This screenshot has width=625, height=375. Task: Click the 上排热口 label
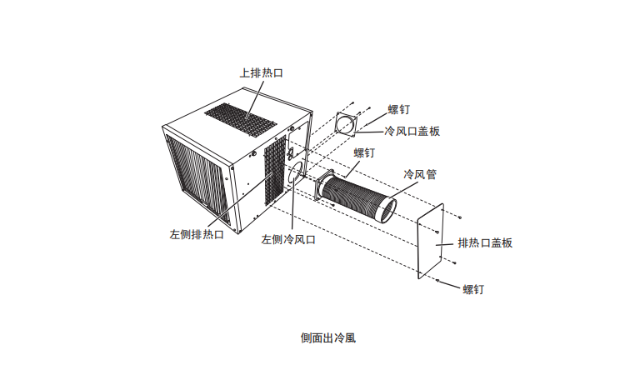point(262,73)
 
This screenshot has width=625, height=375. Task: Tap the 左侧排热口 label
point(197,234)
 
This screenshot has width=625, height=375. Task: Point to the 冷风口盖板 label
point(412,131)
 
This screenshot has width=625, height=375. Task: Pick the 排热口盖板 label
point(484,242)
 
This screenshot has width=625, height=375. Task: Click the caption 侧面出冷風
point(327,338)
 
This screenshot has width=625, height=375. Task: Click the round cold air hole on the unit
point(296,176)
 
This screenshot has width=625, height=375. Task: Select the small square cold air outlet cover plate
point(346,125)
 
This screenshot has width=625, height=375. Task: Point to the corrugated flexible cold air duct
point(358,198)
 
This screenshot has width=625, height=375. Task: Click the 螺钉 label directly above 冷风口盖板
point(399,109)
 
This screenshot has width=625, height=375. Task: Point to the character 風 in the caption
point(350,338)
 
